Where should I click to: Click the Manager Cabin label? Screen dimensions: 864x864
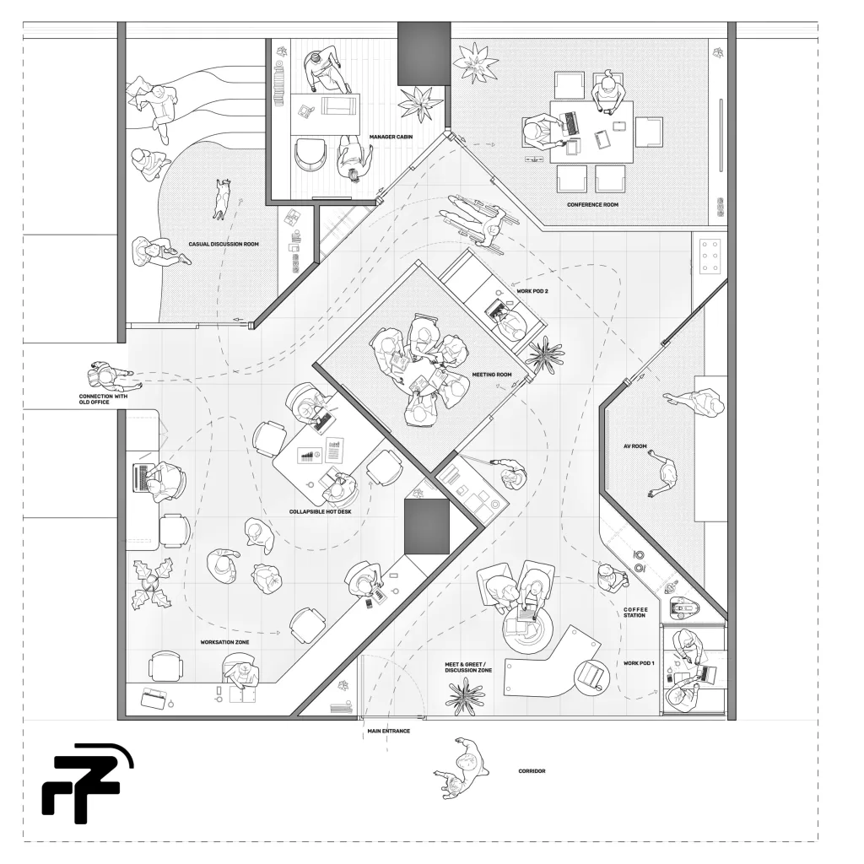pos(391,137)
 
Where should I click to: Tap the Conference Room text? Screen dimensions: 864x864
pos(592,204)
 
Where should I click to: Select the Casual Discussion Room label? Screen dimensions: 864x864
pos(223,244)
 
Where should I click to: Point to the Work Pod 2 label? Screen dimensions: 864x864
pos(532,291)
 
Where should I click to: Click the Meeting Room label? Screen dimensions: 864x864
pos(492,375)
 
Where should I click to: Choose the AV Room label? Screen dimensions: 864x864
pos(634,446)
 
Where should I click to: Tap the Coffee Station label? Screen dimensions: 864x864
pos(635,613)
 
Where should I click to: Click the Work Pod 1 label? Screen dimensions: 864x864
pos(639,663)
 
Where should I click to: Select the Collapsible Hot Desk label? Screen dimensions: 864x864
pos(320,512)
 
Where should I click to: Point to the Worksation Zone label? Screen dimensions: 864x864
pos(224,642)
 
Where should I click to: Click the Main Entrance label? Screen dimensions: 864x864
pos(388,732)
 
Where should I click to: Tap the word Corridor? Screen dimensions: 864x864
pos(532,771)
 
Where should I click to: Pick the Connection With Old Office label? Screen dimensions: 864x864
pos(103,399)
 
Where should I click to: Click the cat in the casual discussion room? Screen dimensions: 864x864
pos(223,198)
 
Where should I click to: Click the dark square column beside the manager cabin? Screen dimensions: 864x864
pos(424,53)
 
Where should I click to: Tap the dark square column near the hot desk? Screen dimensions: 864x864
pos(427,526)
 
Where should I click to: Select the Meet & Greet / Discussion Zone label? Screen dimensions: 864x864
pos(468,667)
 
